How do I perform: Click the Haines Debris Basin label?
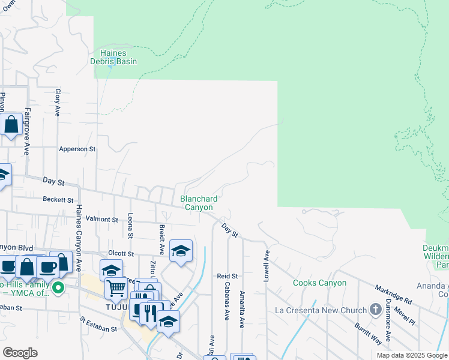[113, 57]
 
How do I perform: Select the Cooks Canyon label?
[319, 283]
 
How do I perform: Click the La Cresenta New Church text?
[320, 310]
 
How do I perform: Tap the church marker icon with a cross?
[376, 310]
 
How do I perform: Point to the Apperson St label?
[77, 149]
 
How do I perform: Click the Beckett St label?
[58, 199]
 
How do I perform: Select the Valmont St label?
[101, 220]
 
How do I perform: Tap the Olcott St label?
[120, 254]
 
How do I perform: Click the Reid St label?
[228, 276]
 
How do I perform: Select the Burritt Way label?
[367, 335]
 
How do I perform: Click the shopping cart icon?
[116, 289]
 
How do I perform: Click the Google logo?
[20, 353]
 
